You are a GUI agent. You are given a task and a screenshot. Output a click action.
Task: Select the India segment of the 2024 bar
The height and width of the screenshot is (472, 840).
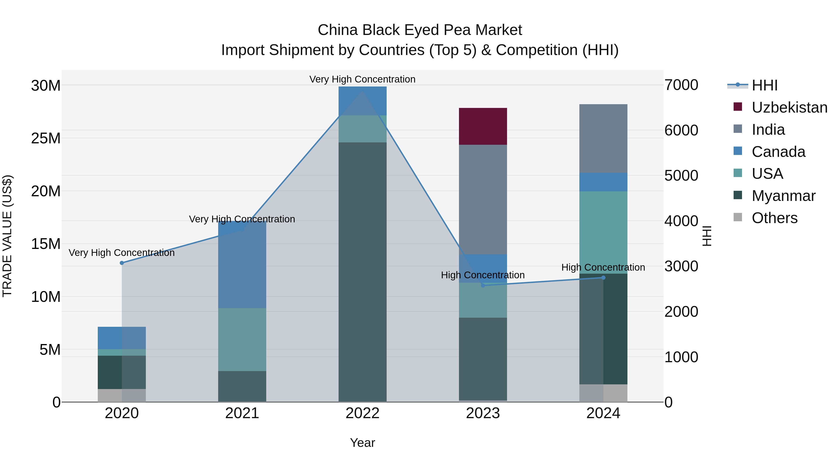pyautogui.click(x=603, y=138)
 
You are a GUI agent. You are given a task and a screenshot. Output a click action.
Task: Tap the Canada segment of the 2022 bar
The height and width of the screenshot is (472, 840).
pyautogui.click(x=362, y=101)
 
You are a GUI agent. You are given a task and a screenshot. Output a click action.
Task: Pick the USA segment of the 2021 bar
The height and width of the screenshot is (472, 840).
pyautogui.click(x=242, y=339)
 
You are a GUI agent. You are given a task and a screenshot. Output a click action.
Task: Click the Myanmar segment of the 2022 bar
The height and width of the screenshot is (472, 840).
pyautogui.click(x=362, y=272)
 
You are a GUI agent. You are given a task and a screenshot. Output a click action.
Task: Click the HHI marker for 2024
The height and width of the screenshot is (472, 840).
pyautogui.click(x=603, y=278)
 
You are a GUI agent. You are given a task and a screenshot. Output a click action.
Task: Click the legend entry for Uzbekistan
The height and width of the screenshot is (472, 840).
pyautogui.click(x=789, y=107)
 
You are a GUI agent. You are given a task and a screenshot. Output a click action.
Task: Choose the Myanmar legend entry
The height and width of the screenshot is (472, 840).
pyautogui.click(x=783, y=196)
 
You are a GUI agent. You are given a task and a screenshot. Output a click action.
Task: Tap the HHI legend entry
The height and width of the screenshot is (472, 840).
pyautogui.click(x=764, y=85)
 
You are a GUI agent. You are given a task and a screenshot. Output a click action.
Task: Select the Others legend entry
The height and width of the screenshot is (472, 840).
pyautogui.click(x=774, y=218)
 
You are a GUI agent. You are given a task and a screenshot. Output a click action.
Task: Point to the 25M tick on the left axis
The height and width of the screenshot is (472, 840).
pyautogui.click(x=46, y=138)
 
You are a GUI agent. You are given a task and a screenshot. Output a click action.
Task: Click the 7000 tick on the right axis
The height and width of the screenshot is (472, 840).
pyautogui.click(x=681, y=85)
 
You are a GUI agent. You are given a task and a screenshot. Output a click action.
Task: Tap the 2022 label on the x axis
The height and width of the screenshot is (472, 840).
pyautogui.click(x=362, y=413)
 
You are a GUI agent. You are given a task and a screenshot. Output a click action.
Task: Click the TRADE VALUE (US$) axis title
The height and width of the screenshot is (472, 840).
pyautogui.click(x=7, y=236)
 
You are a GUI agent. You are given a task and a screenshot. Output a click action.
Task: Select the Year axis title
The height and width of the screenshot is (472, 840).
pyautogui.click(x=362, y=443)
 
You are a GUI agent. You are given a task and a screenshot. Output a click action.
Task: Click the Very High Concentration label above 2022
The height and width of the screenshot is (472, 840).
pyautogui.click(x=362, y=79)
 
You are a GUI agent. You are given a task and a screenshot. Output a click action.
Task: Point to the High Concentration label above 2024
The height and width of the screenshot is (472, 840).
pyautogui.click(x=603, y=267)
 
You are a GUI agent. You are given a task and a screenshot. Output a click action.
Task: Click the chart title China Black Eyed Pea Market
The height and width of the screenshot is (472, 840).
pyautogui.click(x=420, y=30)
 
